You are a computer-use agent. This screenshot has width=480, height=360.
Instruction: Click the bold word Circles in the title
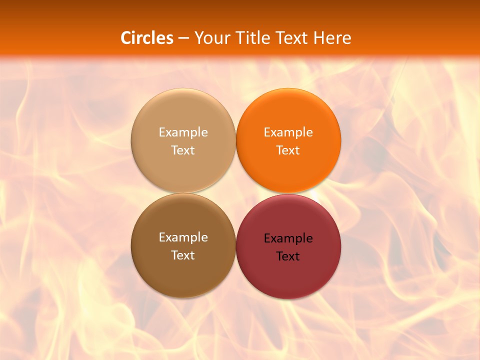[147, 38]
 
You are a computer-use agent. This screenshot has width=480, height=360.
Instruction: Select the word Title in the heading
[252, 38]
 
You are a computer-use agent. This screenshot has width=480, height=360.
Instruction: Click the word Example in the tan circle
[183, 132]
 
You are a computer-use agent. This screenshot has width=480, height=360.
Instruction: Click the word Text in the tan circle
[183, 150]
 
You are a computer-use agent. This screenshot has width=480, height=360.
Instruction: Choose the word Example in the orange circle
[288, 132]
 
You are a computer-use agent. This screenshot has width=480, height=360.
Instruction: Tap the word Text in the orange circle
[288, 150]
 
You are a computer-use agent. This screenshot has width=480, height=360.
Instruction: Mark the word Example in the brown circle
[183, 237]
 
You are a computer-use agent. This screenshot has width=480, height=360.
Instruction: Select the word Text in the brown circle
[183, 255]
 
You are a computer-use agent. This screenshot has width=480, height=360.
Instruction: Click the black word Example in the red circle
[288, 238]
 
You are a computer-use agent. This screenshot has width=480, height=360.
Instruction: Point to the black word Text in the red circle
[288, 256]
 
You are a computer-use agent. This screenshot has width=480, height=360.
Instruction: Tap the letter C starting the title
[126, 38]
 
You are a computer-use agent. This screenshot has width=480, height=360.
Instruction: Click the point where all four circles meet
[236, 193]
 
